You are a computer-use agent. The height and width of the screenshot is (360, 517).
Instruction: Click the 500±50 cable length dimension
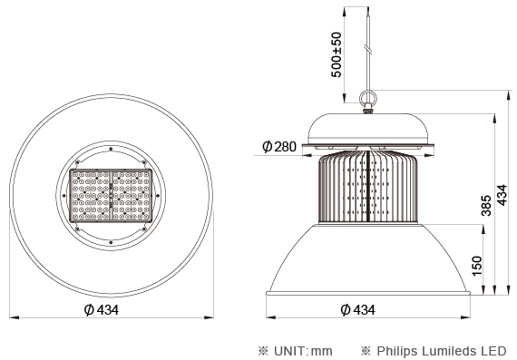(x=336, y=54)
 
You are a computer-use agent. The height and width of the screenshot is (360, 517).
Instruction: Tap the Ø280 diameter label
(x=279, y=146)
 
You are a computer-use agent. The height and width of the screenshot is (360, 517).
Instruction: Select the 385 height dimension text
(x=486, y=206)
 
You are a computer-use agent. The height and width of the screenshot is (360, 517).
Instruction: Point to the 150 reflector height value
(x=477, y=266)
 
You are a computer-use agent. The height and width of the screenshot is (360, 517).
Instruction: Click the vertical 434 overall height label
(x=502, y=195)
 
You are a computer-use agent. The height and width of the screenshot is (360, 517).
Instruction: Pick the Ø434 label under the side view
(x=357, y=309)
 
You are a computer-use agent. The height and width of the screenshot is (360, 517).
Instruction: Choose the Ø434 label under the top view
(x=102, y=309)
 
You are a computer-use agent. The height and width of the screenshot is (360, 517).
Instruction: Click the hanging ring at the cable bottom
(x=368, y=98)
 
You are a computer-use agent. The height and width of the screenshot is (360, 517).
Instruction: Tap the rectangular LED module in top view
(x=111, y=195)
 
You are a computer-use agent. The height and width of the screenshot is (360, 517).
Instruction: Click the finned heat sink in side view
(x=367, y=187)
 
